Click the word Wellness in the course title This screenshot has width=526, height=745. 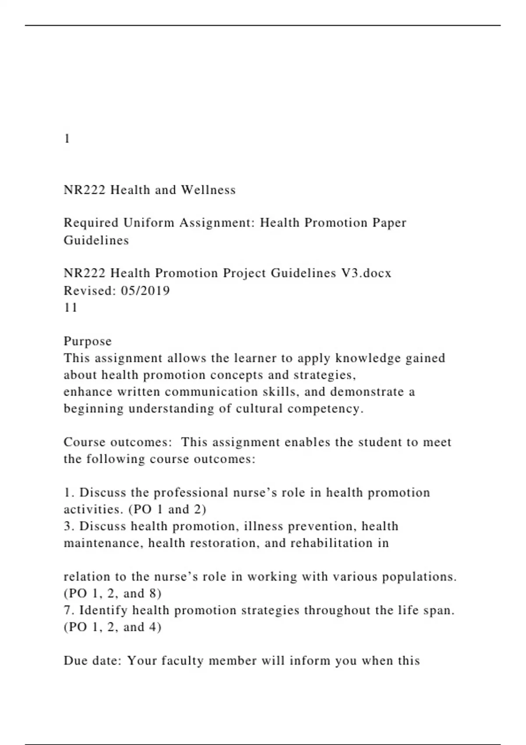[x=209, y=190]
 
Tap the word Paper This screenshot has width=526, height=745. [x=389, y=223]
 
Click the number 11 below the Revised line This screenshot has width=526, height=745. [x=71, y=308]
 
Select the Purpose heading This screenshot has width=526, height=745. [x=88, y=341]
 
